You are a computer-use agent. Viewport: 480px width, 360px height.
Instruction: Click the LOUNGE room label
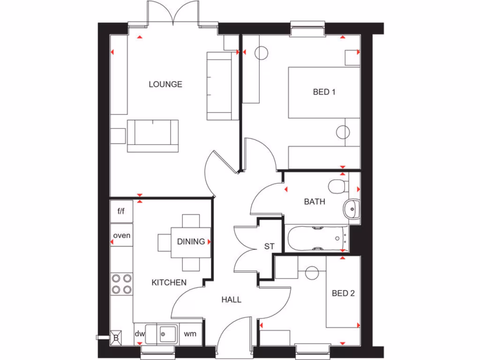click(x=165, y=84)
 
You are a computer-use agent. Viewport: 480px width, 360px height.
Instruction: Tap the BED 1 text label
click(x=324, y=92)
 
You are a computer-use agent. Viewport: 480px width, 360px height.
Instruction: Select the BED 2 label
click(x=343, y=293)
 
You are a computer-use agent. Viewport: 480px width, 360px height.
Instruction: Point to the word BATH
click(x=314, y=202)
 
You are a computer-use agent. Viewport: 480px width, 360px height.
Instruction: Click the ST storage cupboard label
click(x=269, y=246)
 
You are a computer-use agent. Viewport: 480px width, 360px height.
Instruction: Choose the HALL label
click(x=231, y=300)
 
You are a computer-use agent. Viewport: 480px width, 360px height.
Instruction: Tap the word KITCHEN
click(x=169, y=283)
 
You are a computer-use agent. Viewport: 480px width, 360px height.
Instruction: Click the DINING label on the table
click(x=191, y=242)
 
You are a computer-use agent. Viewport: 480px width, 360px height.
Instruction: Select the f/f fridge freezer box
click(x=121, y=211)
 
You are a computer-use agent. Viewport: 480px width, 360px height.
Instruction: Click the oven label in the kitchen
click(x=122, y=235)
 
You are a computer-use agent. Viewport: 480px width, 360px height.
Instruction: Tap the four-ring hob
click(x=121, y=284)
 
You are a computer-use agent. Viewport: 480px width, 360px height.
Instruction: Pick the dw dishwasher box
click(x=140, y=334)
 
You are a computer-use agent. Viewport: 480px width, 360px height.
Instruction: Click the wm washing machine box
click(x=190, y=334)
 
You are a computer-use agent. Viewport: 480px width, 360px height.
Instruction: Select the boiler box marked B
click(x=116, y=337)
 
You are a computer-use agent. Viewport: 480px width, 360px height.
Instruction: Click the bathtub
click(x=317, y=239)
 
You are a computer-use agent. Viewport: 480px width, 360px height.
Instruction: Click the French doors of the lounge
click(x=172, y=14)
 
